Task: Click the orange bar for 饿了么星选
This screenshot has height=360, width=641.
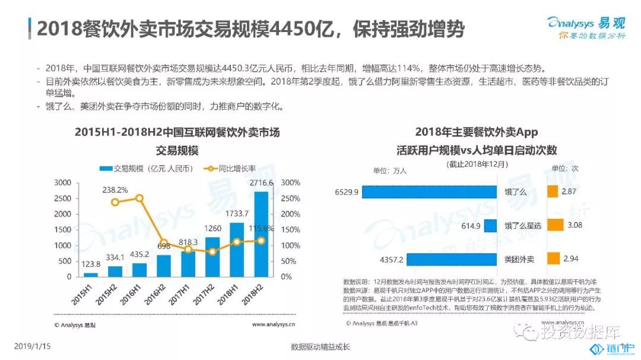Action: [554, 225]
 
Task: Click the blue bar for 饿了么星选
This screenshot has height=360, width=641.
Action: [490, 225]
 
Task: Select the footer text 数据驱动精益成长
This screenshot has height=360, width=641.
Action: [320, 346]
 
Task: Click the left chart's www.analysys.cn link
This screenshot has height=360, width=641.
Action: [274, 324]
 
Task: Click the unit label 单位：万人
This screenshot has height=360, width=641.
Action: [389, 171]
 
